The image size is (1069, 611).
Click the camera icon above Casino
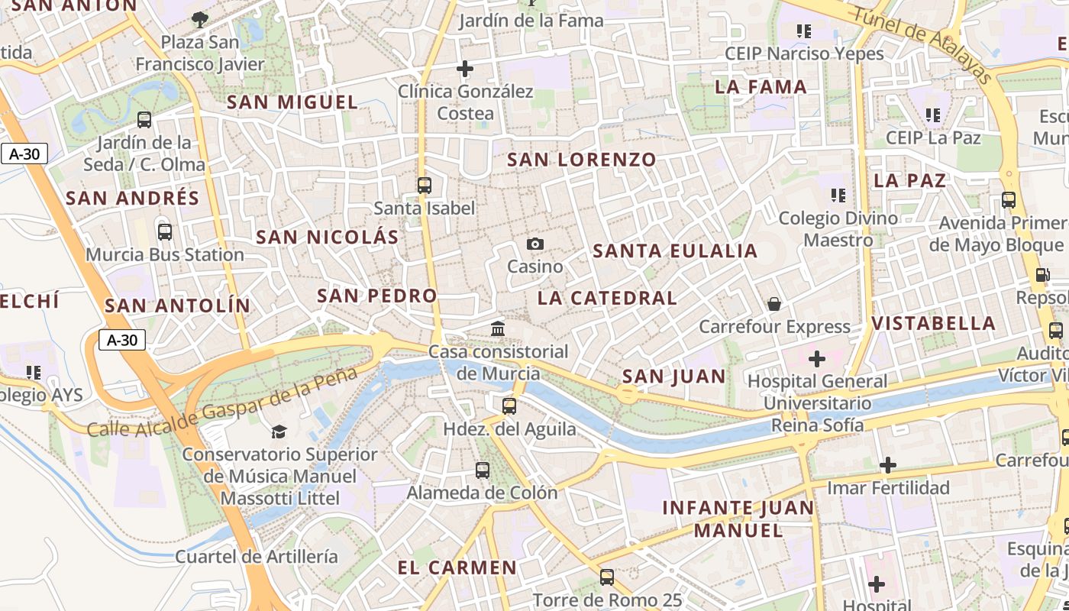tap(535, 244)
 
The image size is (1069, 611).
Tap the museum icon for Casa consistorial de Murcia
tap(498, 328)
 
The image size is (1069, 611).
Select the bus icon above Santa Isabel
tap(425, 185)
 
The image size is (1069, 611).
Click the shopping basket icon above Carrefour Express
tap(774, 304)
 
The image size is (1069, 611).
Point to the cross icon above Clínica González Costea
tap(464, 69)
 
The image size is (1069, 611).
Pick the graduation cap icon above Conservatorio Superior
tap(279, 432)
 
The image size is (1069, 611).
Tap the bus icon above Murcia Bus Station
tap(164, 231)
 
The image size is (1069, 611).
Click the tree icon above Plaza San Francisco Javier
tap(200, 19)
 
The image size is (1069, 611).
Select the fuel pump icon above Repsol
tap(1042, 275)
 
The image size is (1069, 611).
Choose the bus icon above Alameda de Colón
tap(482, 470)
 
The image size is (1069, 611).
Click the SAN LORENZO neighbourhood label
tap(582, 160)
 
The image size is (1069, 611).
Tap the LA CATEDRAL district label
tap(607, 298)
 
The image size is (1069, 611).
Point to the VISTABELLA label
tap(934, 323)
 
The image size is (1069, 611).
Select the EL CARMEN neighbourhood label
tap(457, 567)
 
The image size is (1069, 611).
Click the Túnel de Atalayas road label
tap(922, 45)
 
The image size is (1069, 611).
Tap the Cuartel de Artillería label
tap(257, 556)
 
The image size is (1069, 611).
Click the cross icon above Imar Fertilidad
tap(887, 464)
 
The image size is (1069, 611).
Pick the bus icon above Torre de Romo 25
tap(607, 577)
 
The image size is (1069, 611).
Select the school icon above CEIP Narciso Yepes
tap(803, 31)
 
